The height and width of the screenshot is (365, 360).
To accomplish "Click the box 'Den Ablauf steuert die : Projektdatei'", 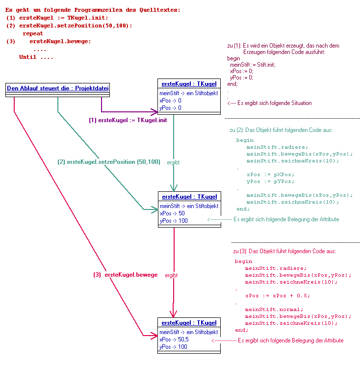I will click(58, 89).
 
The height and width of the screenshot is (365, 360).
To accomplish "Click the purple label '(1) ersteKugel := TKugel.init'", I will click(128, 120).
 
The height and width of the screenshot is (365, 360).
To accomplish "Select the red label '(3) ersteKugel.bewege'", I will click(126, 275).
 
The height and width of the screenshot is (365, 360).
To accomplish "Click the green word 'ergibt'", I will click(173, 161).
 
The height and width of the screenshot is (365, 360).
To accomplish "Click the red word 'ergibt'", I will click(171, 275).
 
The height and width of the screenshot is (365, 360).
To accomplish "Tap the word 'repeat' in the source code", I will click(33, 33).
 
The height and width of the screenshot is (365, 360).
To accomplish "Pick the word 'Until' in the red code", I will click(28, 57).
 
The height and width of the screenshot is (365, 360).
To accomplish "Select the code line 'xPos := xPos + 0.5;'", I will click(278, 296).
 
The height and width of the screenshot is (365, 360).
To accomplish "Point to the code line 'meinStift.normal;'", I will click(274, 310).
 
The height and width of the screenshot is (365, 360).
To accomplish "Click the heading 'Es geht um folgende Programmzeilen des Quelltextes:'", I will click(93, 10).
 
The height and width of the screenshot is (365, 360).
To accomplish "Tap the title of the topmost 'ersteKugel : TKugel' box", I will click(189, 84).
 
